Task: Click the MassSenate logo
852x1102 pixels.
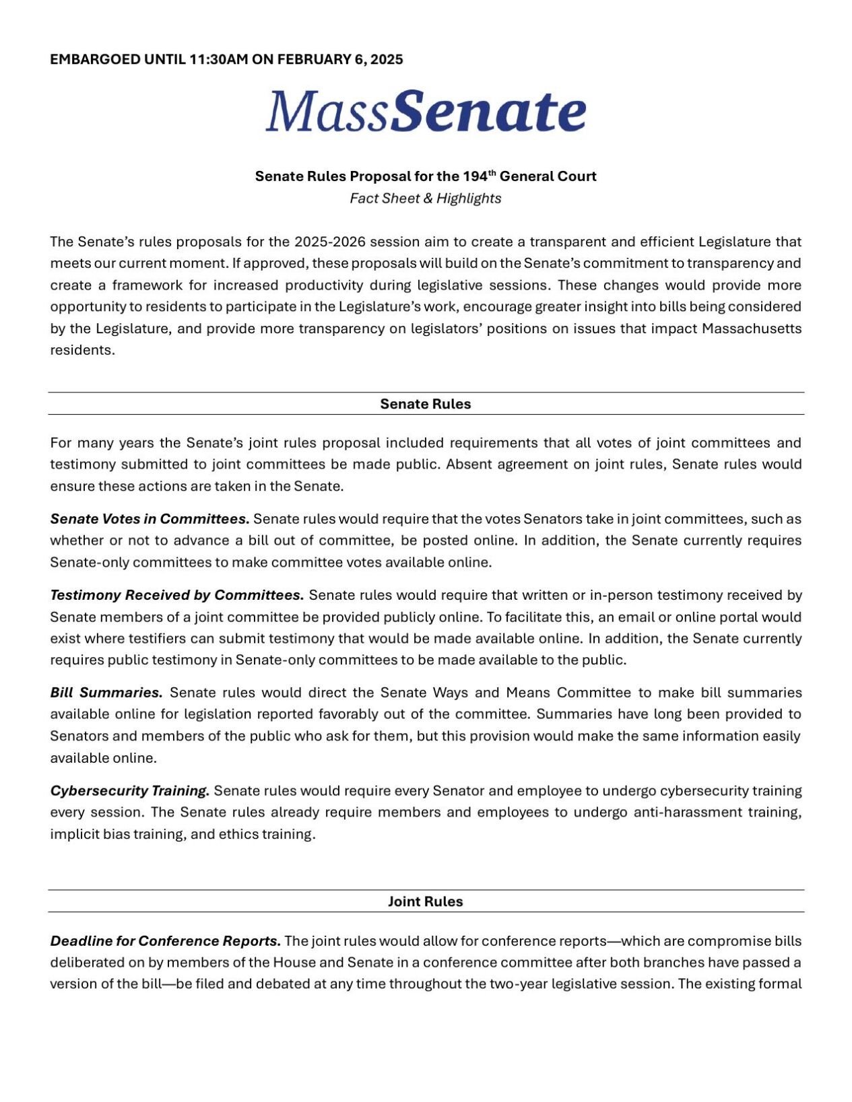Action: pos(426,111)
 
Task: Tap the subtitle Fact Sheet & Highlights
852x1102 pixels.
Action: pos(426,199)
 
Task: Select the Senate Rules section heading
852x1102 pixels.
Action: pos(426,404)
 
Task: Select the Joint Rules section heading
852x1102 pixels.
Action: pos(426,901)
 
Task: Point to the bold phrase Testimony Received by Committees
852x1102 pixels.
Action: pos(177,595)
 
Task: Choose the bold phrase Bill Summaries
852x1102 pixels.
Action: pos(106,693)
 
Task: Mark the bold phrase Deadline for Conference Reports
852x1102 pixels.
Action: pos(166,940)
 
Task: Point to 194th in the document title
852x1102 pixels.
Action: pos(479,176)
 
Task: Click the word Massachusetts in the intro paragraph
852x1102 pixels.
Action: pos(752,329)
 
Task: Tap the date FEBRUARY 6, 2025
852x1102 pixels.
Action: pos(340,59)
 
